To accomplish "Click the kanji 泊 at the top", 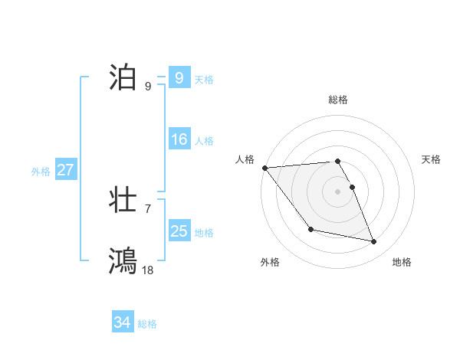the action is tap(123, 77).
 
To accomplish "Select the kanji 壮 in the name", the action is tap(123, 201).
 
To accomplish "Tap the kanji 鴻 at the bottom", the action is tap(123, 260).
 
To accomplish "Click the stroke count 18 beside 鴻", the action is tap(148, 270).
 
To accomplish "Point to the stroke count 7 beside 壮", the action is tap(148, 208).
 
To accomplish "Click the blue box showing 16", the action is tap(179, 139).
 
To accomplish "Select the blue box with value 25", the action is tap(179, 231).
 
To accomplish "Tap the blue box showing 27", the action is tap(66, 170).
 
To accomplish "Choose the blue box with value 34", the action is tap(123, 323).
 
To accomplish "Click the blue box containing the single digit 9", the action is tap(179, 78).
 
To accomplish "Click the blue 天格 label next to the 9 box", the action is tap(204, 80).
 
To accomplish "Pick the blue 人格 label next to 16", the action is tap(204, 141).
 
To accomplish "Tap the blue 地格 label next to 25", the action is tap(204, 233).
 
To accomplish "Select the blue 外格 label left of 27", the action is tap(41, 172).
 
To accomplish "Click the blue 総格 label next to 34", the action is tap(147, 325).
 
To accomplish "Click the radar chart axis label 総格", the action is tap(338, 100).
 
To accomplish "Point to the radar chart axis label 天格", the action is tap(432, 159).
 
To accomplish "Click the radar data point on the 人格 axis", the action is tap(264, 168).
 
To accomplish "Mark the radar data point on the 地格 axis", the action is tap(374, 242).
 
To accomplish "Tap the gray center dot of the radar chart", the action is tap(338, 191).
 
